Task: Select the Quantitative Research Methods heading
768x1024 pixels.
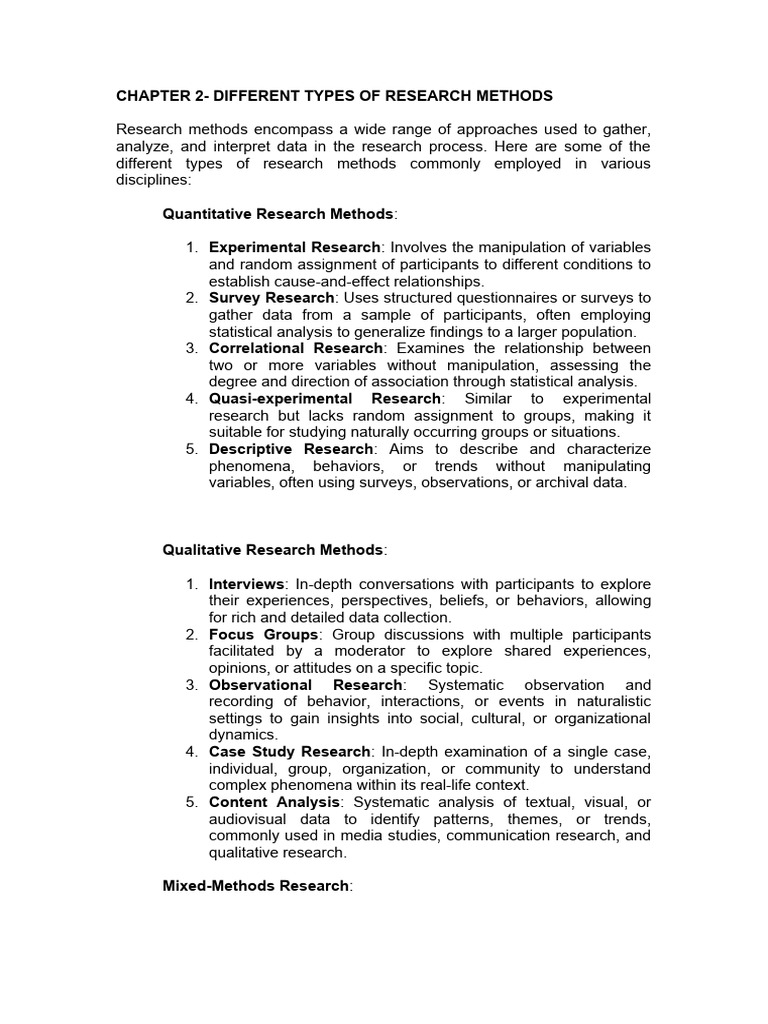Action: [x=279, y=213]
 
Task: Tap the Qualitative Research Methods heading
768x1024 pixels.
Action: [x=273, y=550]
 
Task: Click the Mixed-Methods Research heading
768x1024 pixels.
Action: [x=255, y=886]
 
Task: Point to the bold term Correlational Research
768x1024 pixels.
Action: [x=296, y=348]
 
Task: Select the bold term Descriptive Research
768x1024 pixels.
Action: [x=294, y=449]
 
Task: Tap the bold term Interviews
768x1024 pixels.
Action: [x=247, y=584]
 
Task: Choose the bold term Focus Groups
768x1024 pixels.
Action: [x=264, y=635]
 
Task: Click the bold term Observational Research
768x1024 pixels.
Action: [x=305, y=685]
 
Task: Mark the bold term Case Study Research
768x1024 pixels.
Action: [x=289, y=752]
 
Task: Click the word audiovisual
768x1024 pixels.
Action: [x=251, y=819]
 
